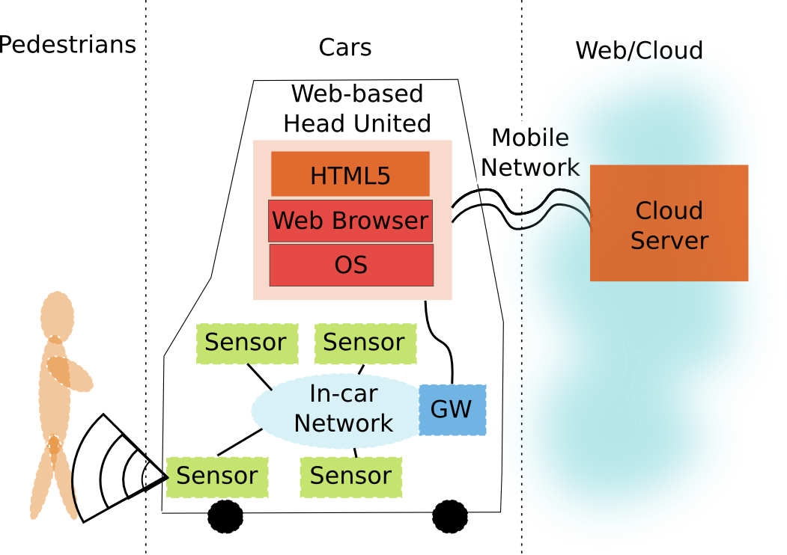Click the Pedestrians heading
pos(67,45)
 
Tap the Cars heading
pos(345,48)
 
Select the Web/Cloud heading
pos(639,51)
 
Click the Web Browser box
pos(350,221)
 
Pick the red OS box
pos(351,265)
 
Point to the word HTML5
pos(350,176)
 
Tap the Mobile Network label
pos(530,153)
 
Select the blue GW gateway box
pos(452,409)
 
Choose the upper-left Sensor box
pos(246,343)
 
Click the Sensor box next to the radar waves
pos(217,476)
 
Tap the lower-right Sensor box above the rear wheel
pos(350,476)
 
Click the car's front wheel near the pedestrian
pos(225,516)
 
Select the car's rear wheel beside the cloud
pos(450,516)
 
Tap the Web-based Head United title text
pos(356,108)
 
